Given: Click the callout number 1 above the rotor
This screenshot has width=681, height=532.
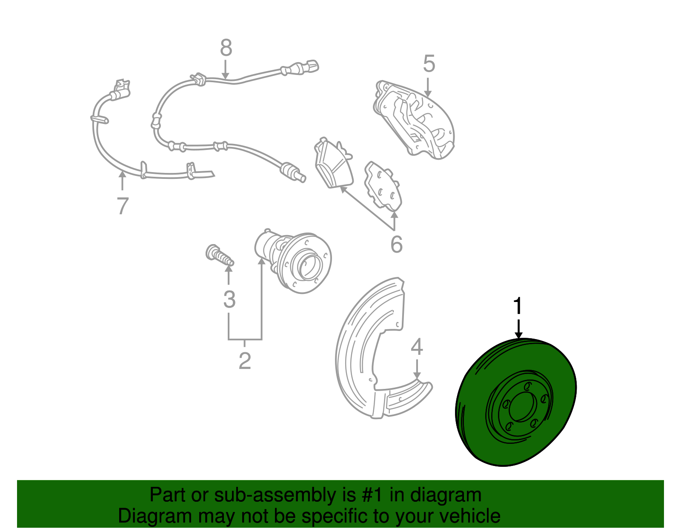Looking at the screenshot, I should pyautogui.click(x=518, y=307).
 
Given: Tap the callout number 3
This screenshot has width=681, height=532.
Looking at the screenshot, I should pyautogui.click(x=229, y=299).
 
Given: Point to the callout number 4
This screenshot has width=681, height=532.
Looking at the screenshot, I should pyautogui.click(x=417, y=347).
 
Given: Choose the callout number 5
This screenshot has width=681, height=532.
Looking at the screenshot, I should pyautogui.click(x=429, y=64).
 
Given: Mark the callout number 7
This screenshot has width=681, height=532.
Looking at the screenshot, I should pyautogui.click(x=123, y=206).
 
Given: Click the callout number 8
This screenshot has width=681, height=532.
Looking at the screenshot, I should pyautogui.click(x=226, y=48).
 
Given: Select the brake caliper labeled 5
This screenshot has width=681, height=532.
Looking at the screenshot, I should pyautogui.click(x=415, y=119).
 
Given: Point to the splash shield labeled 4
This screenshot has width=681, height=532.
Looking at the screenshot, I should pyautogui.click(x=366, y=354).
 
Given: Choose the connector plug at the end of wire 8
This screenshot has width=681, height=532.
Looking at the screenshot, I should pyautogui.click(x=311, y=67).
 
